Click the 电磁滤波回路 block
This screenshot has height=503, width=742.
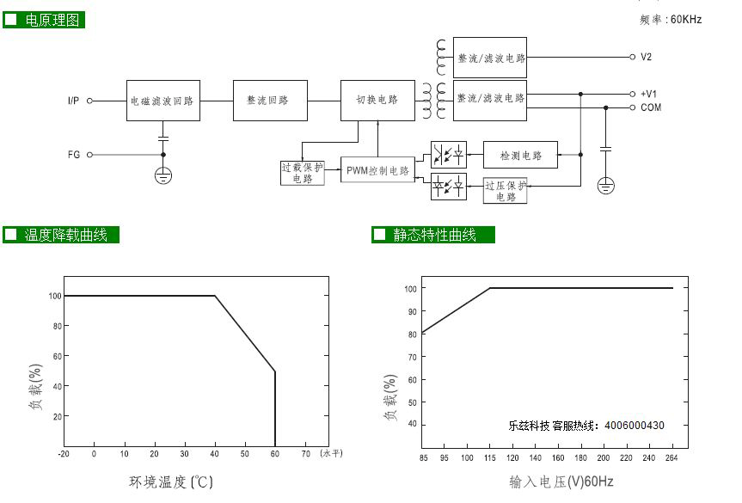pyautogui.click(x=163, y=101)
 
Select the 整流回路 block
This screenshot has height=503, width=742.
pyautogui.click(x=270, y=101)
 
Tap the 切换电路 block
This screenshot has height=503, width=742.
pyautogui.click(x=377, y=101)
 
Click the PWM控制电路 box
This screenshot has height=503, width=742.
pyautogui.click(x=377, y=170)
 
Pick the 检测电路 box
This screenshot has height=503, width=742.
pyautogui.click(x=520, y=155)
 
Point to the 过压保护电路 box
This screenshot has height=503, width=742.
pyautogui.click(x=506, y=191)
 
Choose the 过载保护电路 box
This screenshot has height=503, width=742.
pyautogui.click(x=303, y=173)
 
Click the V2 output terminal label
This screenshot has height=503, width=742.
pyautogui.click(x=646, y=57)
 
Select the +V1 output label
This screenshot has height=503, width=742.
pyautogui.click(x=648, y=94)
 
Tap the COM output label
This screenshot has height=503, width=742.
pyautogui.click(x=651, y=107)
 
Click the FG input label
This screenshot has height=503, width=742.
pyautogui.click(x=74, y=154)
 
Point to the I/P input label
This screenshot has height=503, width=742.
pyautogui.click(x=73, y=101)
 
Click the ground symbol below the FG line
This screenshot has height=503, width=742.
pyautogui.click(x=163, y=175)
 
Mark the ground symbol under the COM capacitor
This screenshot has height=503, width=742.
pyautogui.click(x=605, y=185)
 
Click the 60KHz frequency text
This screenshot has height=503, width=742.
pyautogui.click(x=686, y=20)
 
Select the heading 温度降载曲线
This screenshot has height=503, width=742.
pyautogui.click(x=66, y=235)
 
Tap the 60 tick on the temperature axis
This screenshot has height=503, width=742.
pyautogui.click(x=275, y=453)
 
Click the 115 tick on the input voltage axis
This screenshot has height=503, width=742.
pyautogui.click(x=490, y=457)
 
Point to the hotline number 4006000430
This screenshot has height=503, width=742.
pyautogui.click(x=635, y=426)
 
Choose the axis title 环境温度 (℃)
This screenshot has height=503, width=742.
pyautogui.click(x=171, y=482)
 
